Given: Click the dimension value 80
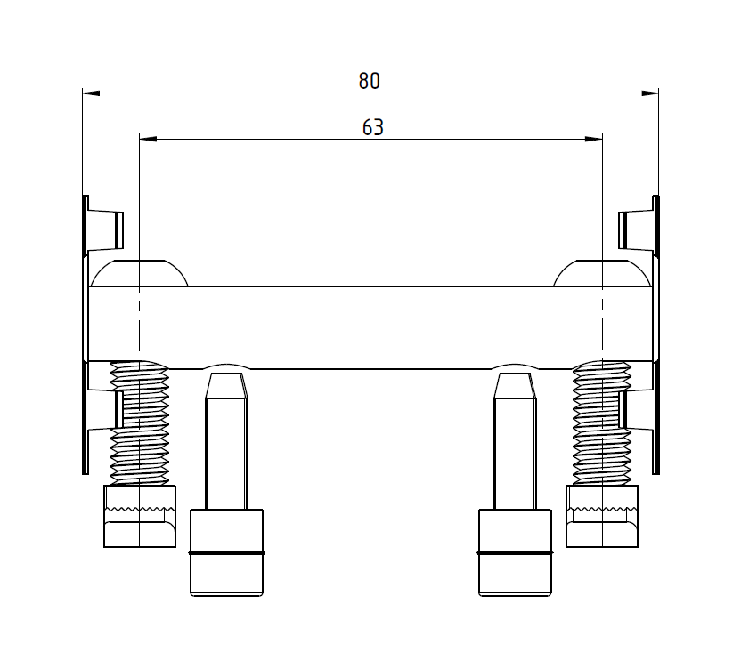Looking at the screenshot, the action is tap(370, 81).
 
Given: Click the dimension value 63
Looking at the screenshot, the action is tap(372, 127).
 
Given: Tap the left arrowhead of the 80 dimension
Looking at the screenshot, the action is tap(91, 93).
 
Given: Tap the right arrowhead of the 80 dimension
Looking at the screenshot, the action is tap(649, 93).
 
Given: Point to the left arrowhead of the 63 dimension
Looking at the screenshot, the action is tap(148, 140).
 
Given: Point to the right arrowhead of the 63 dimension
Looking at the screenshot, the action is tap(594, 140).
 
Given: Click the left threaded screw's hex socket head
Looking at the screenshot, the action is tap(140, 516).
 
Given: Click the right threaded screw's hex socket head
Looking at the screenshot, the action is tap(602, 516).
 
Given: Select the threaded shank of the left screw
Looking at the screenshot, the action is tap(140, 423).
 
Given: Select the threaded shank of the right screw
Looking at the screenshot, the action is tap(602, 423).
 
